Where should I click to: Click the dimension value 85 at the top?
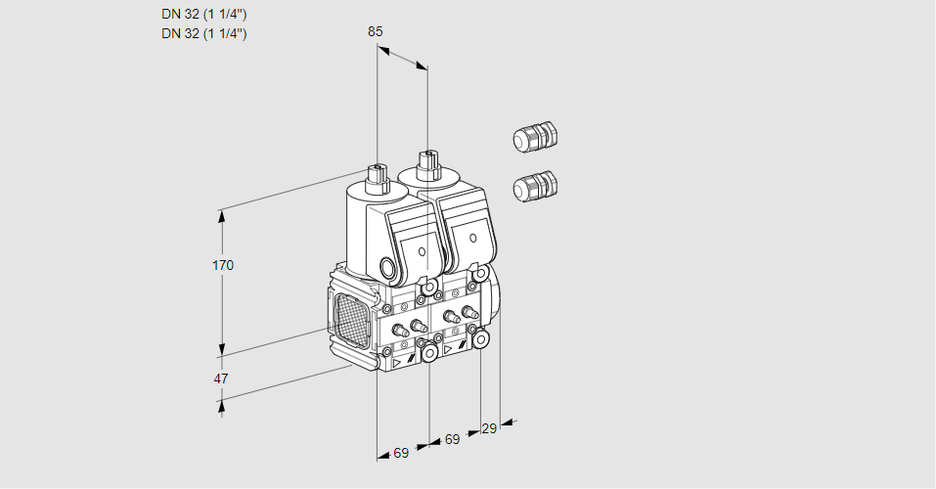tap(375, 31)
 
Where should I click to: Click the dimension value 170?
tap(223, 265)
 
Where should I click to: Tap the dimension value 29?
tap(489, 428)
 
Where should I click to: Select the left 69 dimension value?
tap(401, 453)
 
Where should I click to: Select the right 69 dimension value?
tap(451, 440)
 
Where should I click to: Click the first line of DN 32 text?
tap(203, 14)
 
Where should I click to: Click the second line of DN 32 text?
tap(203, 33)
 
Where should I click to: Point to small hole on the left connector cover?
tap(422, 251)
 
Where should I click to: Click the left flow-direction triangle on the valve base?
tap(397, 361)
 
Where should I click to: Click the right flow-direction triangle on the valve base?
tap(448, 348)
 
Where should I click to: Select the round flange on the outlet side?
tap(494, 293)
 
